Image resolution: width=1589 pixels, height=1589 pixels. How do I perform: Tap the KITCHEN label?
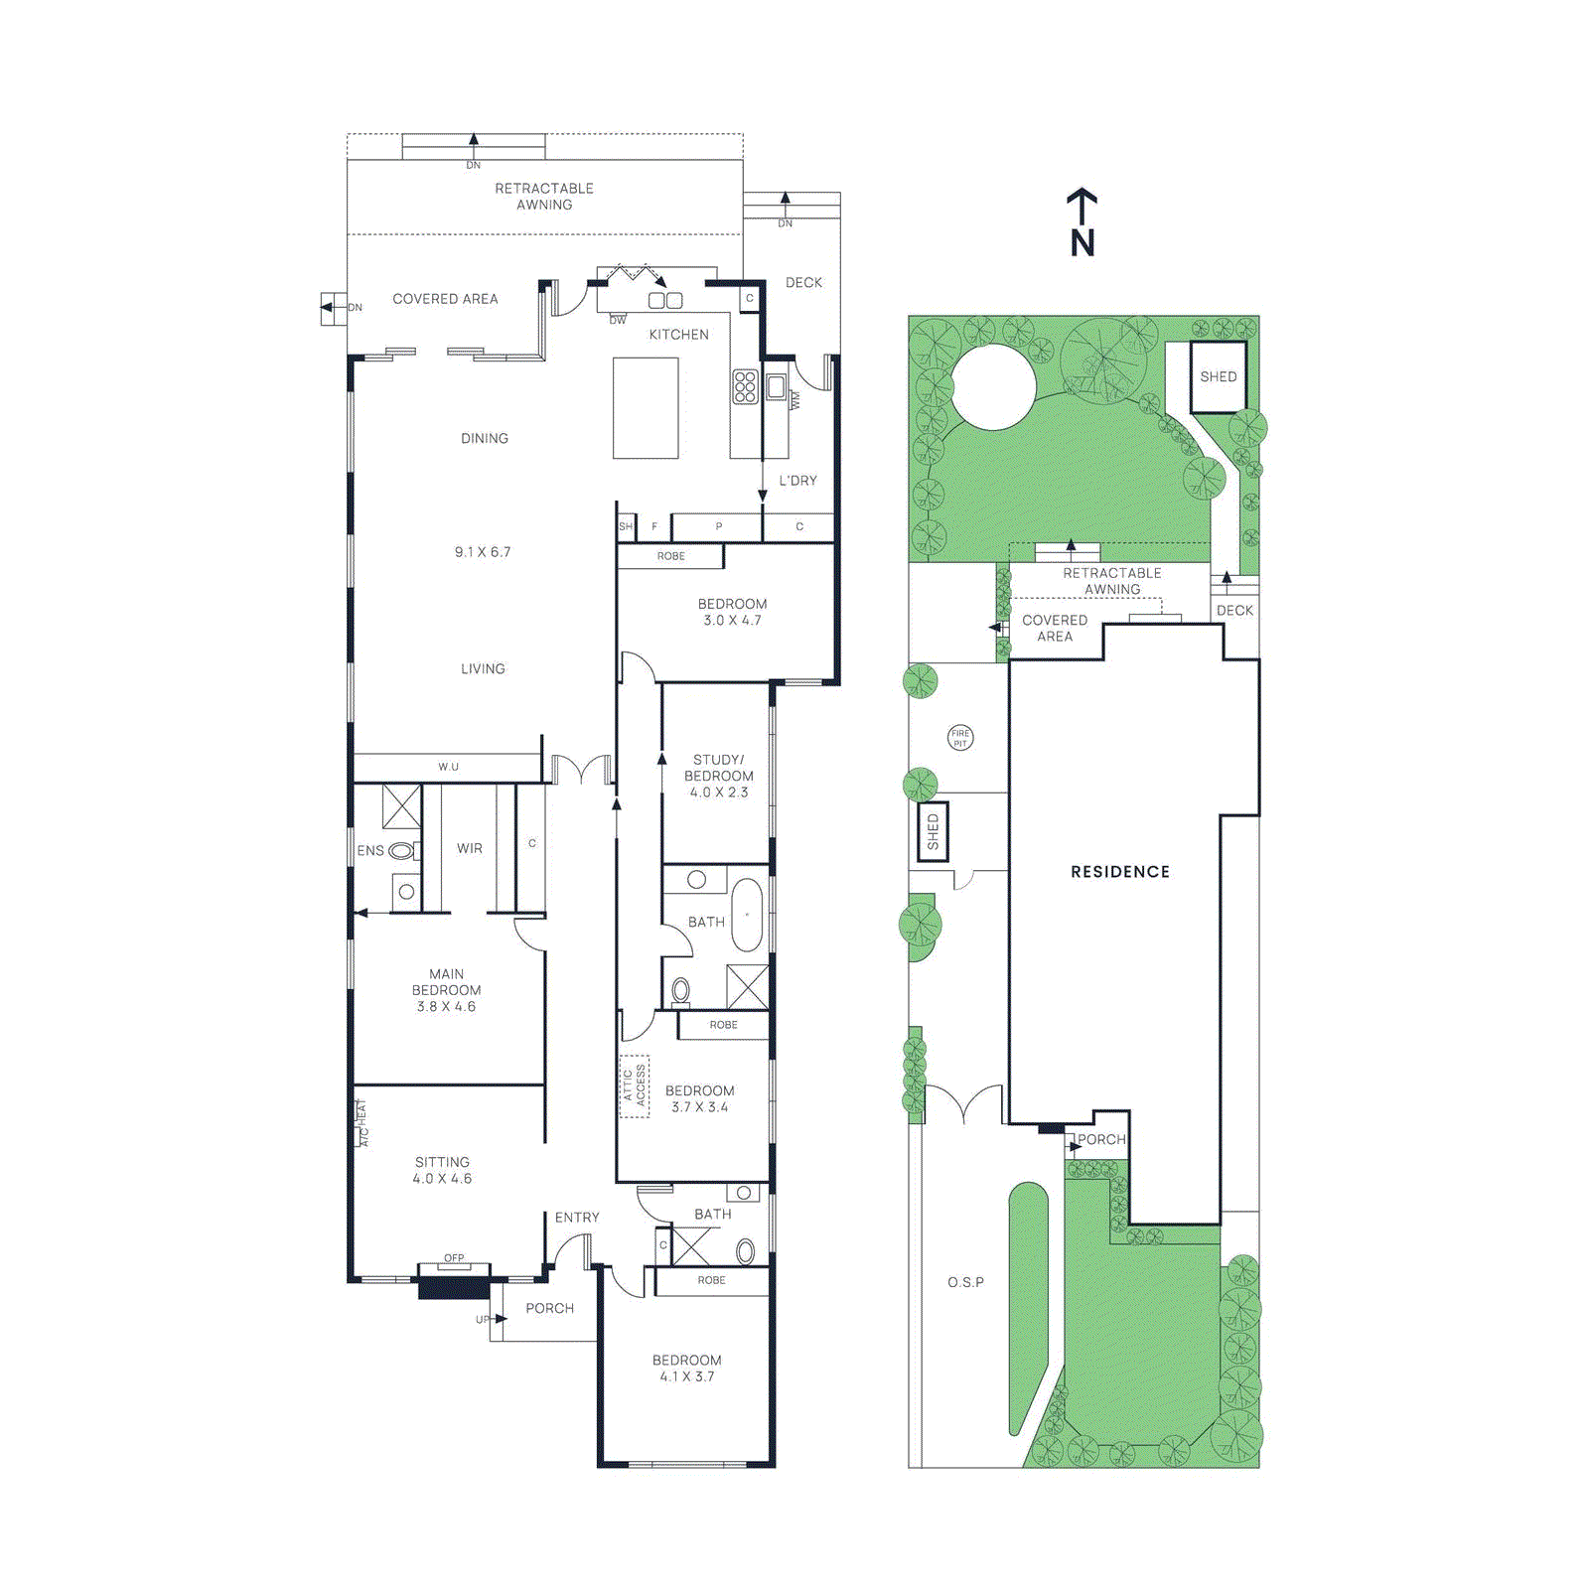[678, 335]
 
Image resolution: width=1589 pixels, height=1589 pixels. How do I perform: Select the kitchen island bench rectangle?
[646, 407]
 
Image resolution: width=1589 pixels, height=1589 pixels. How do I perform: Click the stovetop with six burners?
[745, 386]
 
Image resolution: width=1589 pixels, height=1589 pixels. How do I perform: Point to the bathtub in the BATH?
[747, 915]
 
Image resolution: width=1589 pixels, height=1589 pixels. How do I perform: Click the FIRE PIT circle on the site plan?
[960, 738]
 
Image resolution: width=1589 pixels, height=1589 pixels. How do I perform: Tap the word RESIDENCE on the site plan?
[1119, 872]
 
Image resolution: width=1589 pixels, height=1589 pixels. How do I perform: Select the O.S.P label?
[965, 1282]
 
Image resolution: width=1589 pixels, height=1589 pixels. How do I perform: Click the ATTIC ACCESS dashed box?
[635, 1085]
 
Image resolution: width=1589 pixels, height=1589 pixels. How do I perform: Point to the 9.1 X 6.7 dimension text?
[483, 552]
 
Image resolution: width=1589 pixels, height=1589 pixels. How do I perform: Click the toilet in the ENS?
[400, 851]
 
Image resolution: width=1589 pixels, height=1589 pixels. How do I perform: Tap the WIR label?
[470, 849]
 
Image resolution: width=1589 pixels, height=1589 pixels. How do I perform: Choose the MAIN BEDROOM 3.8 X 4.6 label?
[446, 990]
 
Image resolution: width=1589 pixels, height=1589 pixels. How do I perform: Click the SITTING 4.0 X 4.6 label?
[442, 1170]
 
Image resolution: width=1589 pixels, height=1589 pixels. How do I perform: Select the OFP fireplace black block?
[453, 1288]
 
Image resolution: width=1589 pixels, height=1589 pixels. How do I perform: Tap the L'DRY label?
[797, 481]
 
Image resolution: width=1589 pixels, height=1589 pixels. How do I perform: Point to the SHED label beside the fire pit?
[933, 831]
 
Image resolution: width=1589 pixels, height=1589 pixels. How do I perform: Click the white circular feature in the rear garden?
[993, 387]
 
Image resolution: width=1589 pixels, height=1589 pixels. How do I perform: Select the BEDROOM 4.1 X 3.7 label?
[686, 1368]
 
